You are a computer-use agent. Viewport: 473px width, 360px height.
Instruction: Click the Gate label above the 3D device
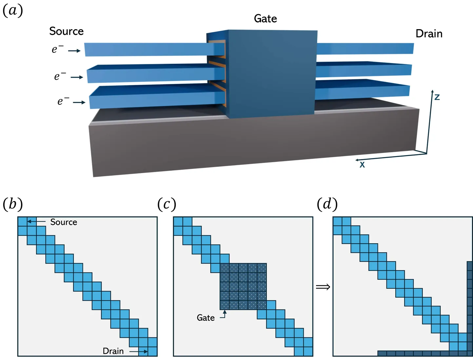(265, 19)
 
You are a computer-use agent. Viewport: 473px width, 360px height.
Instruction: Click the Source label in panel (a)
(66, 31)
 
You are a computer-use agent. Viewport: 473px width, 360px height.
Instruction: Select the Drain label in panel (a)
(429, 33)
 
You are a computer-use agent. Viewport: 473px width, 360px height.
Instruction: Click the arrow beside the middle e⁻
(77, 77)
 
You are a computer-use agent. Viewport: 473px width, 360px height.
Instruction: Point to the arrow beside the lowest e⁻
(79, 103)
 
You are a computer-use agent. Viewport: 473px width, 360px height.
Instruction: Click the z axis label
(437, 97)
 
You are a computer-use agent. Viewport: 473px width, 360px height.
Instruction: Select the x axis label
(362, 165)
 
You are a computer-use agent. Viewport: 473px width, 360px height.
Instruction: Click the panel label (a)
(12, 10)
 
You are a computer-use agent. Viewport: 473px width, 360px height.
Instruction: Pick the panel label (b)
(12, 204)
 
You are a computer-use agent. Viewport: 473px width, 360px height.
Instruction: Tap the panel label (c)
(167, 204)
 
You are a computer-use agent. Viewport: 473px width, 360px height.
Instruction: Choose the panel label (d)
(327, 204)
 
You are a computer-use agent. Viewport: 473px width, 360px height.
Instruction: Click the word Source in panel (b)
(64, 222)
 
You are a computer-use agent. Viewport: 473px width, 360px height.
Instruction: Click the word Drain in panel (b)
(113, 351)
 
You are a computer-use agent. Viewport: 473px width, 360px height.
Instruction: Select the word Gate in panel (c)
(206, 318)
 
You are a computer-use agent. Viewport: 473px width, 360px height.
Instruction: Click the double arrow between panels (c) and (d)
(323, 287)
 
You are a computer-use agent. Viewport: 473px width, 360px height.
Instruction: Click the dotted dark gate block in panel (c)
(243, 286)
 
